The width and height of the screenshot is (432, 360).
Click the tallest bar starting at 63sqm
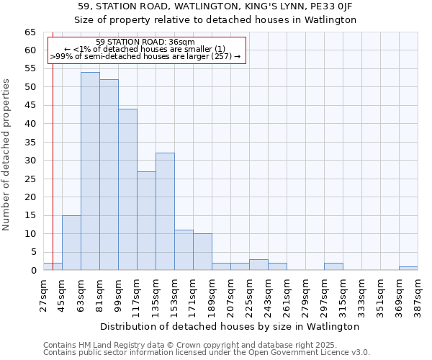point(90,171)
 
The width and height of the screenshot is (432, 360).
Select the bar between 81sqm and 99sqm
point(109,175)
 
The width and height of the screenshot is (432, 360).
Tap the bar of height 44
point(127,189)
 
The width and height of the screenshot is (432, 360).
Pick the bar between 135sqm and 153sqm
point(165,212)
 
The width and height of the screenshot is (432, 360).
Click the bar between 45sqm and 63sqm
point(71,243)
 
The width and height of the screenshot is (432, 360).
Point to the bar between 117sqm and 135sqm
point(146,220)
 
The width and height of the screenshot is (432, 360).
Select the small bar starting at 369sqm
point(408,268)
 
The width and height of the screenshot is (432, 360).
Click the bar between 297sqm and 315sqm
point(333,266)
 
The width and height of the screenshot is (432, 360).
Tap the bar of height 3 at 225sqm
point(258,264)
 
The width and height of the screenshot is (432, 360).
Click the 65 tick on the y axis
point(30,32)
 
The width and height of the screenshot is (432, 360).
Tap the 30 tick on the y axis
point(30,161)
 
